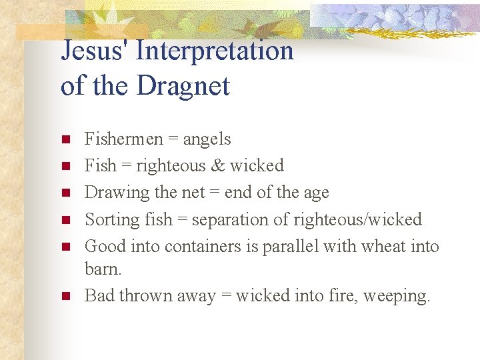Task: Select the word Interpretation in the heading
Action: (x=215, y=51)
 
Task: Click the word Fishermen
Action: (x=124, y=139)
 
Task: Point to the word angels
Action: (x=207, y=139)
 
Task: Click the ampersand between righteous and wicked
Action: (x=218, y=165)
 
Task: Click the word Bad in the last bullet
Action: (x=99, y=295)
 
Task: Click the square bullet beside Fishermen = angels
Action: (x=65, y=140)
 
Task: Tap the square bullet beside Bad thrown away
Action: (x=65, y=295)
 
